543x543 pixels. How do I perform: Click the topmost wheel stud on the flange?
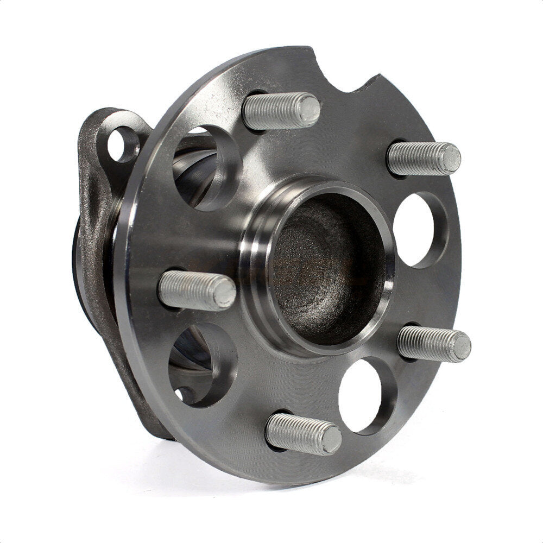280,110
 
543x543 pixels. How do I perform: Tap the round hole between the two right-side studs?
415,229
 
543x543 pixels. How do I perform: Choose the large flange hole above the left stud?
201,166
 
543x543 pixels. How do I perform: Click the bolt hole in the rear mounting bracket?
123,144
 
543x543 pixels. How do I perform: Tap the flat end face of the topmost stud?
309,108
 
